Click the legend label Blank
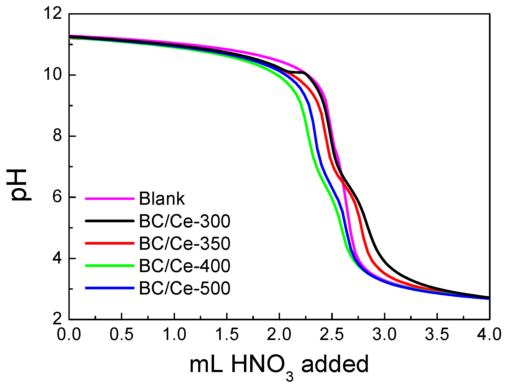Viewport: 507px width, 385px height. [162, 199]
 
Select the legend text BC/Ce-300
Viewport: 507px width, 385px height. [184, 221]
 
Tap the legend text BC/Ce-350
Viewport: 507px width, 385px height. [184, 244]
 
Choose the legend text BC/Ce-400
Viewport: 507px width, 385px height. [184, 266]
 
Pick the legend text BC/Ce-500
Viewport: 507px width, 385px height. [184, 288]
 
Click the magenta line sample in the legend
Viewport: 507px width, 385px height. [110, 199]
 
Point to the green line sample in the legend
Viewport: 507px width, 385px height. [110, 266]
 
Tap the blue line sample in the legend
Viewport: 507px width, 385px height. [110, 288]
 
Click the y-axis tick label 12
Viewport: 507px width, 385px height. [53, 13]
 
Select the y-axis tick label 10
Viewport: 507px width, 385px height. [53, 74]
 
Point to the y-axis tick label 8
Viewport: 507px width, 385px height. [57, 136]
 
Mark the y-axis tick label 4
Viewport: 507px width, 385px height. [57, 258]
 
